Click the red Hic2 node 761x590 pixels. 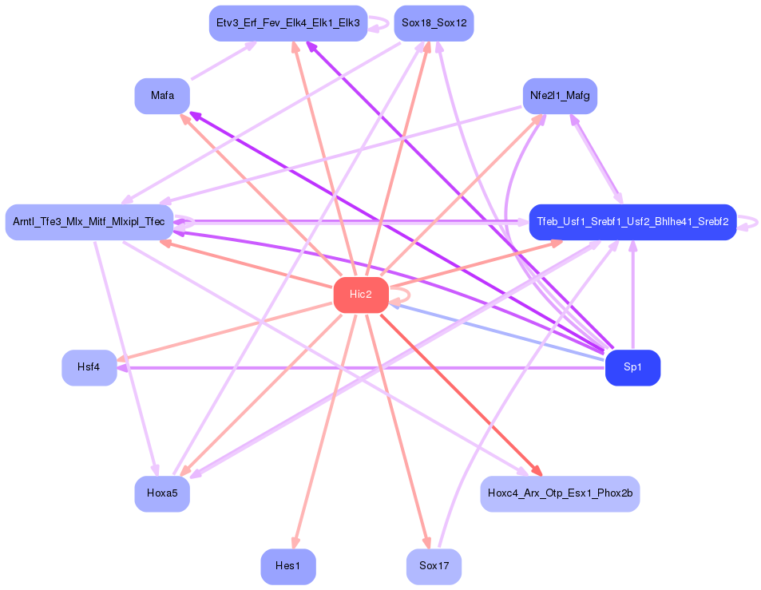point(361,295)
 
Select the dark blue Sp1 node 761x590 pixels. point(632,368)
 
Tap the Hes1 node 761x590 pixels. point(287,566)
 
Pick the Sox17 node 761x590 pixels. point(434,566)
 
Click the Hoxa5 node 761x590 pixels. point(162,493)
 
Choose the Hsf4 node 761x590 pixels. point(89,367)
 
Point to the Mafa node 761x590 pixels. point(162,96)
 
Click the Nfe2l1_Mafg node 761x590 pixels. point(560,96)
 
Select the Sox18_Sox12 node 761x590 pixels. point(434,23)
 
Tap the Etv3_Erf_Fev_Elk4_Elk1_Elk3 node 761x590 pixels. point(287,23)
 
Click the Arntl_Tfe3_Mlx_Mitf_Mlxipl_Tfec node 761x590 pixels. point(89,221)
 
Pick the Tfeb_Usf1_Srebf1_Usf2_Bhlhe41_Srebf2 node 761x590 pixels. point(632,221)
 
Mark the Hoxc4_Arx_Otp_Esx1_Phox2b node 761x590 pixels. point(560,493)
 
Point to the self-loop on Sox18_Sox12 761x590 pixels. point(382,24)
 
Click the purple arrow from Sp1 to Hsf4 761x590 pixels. point(359,368)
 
